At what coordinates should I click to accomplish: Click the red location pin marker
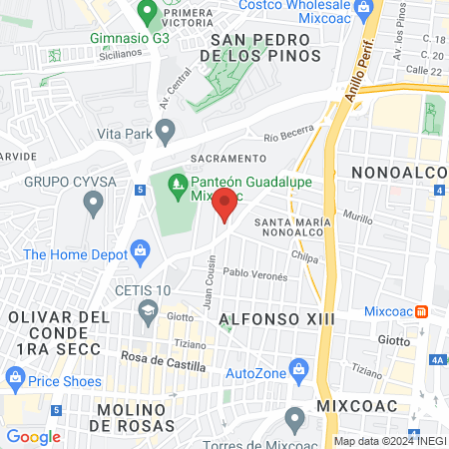[x=225, y=207]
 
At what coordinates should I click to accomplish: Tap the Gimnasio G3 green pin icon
[x=148, y=15]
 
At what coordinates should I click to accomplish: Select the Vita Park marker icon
[x=167, y=129]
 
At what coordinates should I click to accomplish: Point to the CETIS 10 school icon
[x=149, y=308]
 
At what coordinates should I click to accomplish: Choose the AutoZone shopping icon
[x=297, y=373]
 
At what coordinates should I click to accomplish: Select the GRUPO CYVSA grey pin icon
[x=94, y=206]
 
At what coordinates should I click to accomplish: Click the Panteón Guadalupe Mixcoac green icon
[x=177, y=183]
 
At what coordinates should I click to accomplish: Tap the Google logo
[x=33, y=436]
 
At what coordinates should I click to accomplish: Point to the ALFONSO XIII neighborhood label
[x=274, y=318]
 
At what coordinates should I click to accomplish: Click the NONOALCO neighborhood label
[x=397, y=174]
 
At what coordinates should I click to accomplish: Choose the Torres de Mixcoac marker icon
[x=294, y=417]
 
